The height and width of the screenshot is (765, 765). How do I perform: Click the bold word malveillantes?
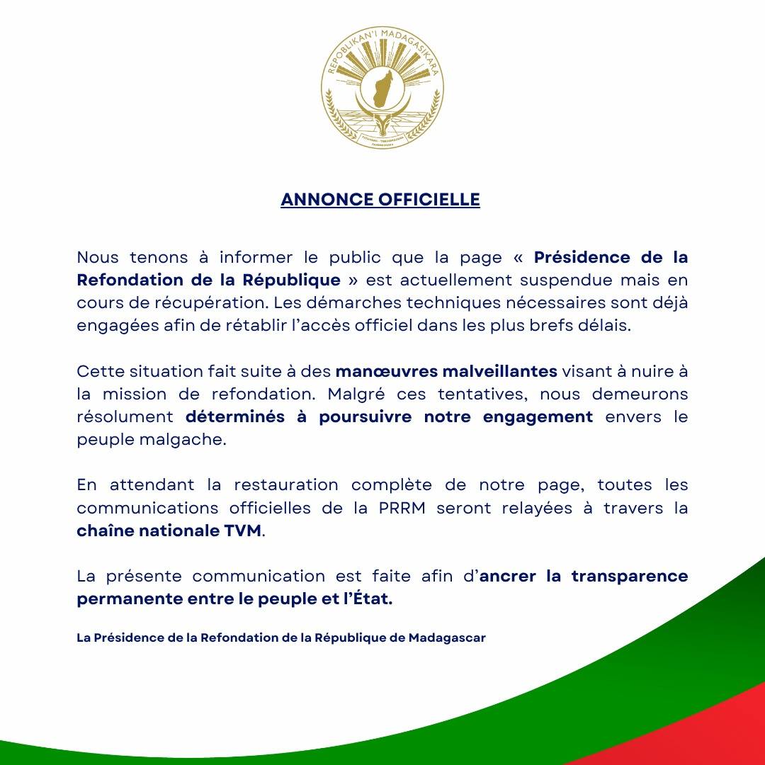(500, 370)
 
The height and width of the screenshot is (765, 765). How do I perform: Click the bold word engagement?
(538, 416)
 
